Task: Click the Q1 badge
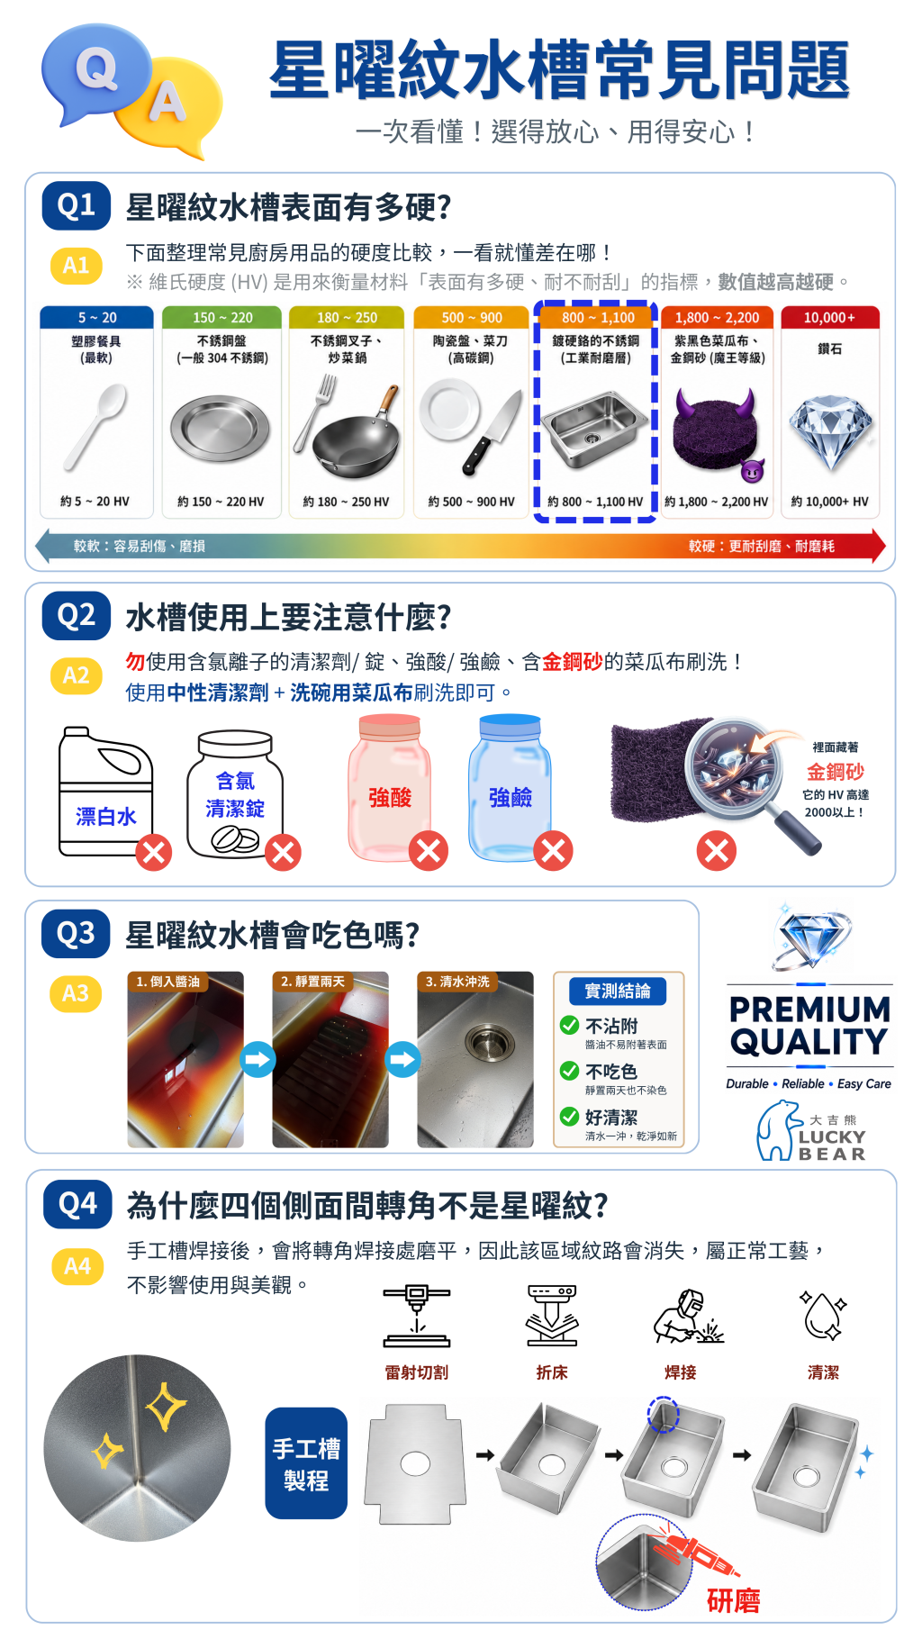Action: (x=77, y=205)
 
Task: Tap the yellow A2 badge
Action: (x=77, y=675)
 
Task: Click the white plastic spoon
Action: (x=95, y=426)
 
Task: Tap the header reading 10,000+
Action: (x=829, y=318)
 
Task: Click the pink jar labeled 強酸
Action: (x=389, y=787)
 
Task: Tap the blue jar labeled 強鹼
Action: (x=510, y=787)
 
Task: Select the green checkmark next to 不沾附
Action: (x=569, y=1025)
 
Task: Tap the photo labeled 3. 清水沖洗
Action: (x=475, y=1060)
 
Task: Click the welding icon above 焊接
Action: (x=689, y=1317)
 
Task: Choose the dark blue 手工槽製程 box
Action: (x=306, y=1463)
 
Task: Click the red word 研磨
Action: (x=734, y=1600)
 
